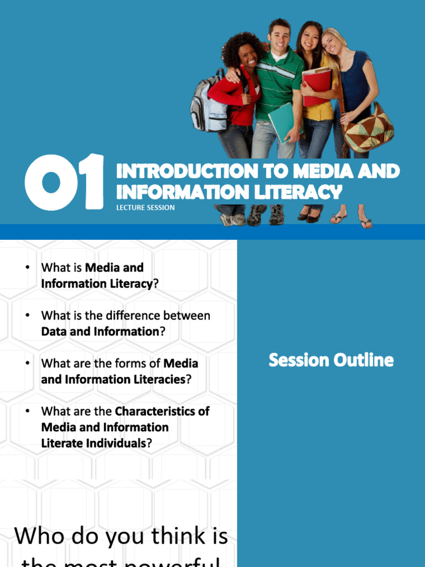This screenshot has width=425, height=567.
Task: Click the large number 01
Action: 64,183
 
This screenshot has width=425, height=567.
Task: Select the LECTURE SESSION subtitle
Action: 146,208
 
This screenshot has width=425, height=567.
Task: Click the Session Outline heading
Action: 331,360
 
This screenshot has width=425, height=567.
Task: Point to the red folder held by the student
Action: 317,85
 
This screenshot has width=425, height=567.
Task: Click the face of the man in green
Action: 279,37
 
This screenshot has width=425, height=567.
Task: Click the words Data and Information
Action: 100,332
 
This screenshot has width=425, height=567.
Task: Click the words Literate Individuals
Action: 94,444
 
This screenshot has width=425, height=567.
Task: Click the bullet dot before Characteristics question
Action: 27,411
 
